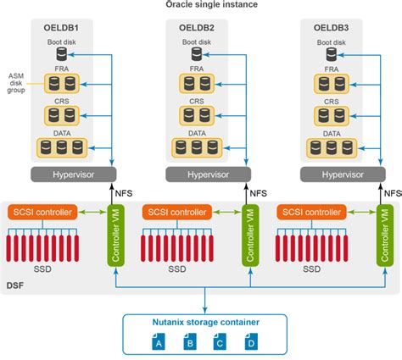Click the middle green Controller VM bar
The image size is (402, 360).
tap(248, 234)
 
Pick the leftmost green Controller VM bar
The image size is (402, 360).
tap(114, 234)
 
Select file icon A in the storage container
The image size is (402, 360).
tap(156, 342)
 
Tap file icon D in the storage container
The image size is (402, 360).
tap(249, 342)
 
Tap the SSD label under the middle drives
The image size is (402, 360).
tap(177, 269)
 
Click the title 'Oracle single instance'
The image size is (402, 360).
tap(200, 5)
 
